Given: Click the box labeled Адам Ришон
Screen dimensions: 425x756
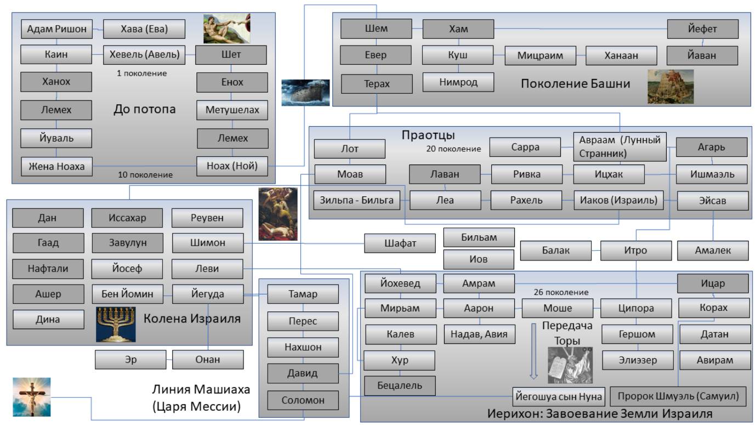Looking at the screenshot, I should (x=56, y=29).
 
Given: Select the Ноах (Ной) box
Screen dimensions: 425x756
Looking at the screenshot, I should (x=232, y=166).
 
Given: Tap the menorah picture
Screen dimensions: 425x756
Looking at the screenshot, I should (x=116, y=324).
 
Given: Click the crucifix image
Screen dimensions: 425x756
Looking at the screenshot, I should (x=32, y=396).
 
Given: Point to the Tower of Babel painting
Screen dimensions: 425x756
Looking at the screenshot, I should (x=670, y=86).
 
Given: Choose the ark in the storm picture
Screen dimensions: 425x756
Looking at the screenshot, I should (x=305, y=92).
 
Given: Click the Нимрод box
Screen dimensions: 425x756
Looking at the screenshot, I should (x=458, y=82).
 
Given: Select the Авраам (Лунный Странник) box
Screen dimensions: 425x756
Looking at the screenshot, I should (x=619, y=146).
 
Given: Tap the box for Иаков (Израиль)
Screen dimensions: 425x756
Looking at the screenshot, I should (x=618, y=200).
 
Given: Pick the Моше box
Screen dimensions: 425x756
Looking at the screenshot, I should (x=557, y=308).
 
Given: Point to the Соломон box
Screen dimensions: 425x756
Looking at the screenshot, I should (x=303, y=400).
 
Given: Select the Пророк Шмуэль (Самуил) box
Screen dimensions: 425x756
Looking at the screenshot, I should (x=678, y=396).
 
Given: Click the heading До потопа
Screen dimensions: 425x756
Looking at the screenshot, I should (x=144, y=109).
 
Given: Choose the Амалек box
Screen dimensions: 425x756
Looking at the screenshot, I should (x=712, y=251).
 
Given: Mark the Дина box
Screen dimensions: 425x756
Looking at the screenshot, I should (x=48, y=319).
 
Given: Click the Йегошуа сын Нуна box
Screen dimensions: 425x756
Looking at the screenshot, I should (x=558, y=396).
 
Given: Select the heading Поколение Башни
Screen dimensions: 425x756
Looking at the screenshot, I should (x=575, y=83).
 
